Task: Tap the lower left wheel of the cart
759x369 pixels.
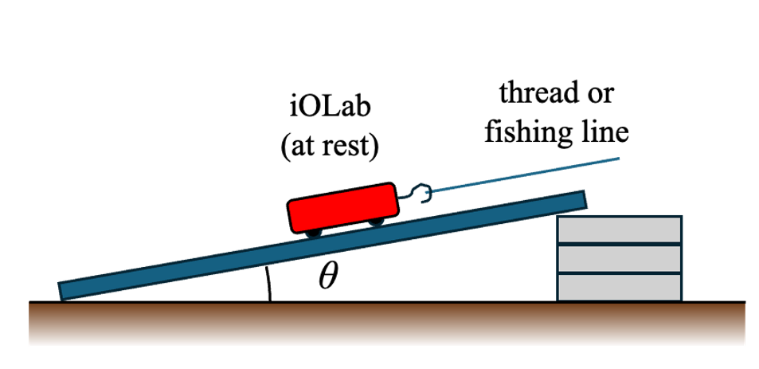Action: point(311,231)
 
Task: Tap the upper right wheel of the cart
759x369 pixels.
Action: point(374,222)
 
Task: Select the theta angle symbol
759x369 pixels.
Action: point(327,277)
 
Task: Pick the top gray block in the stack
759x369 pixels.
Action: point(620,230)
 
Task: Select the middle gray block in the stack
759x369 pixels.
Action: point(620,258)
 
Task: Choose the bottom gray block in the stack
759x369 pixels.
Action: point(620,286)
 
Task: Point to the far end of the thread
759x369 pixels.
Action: point(617,159)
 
